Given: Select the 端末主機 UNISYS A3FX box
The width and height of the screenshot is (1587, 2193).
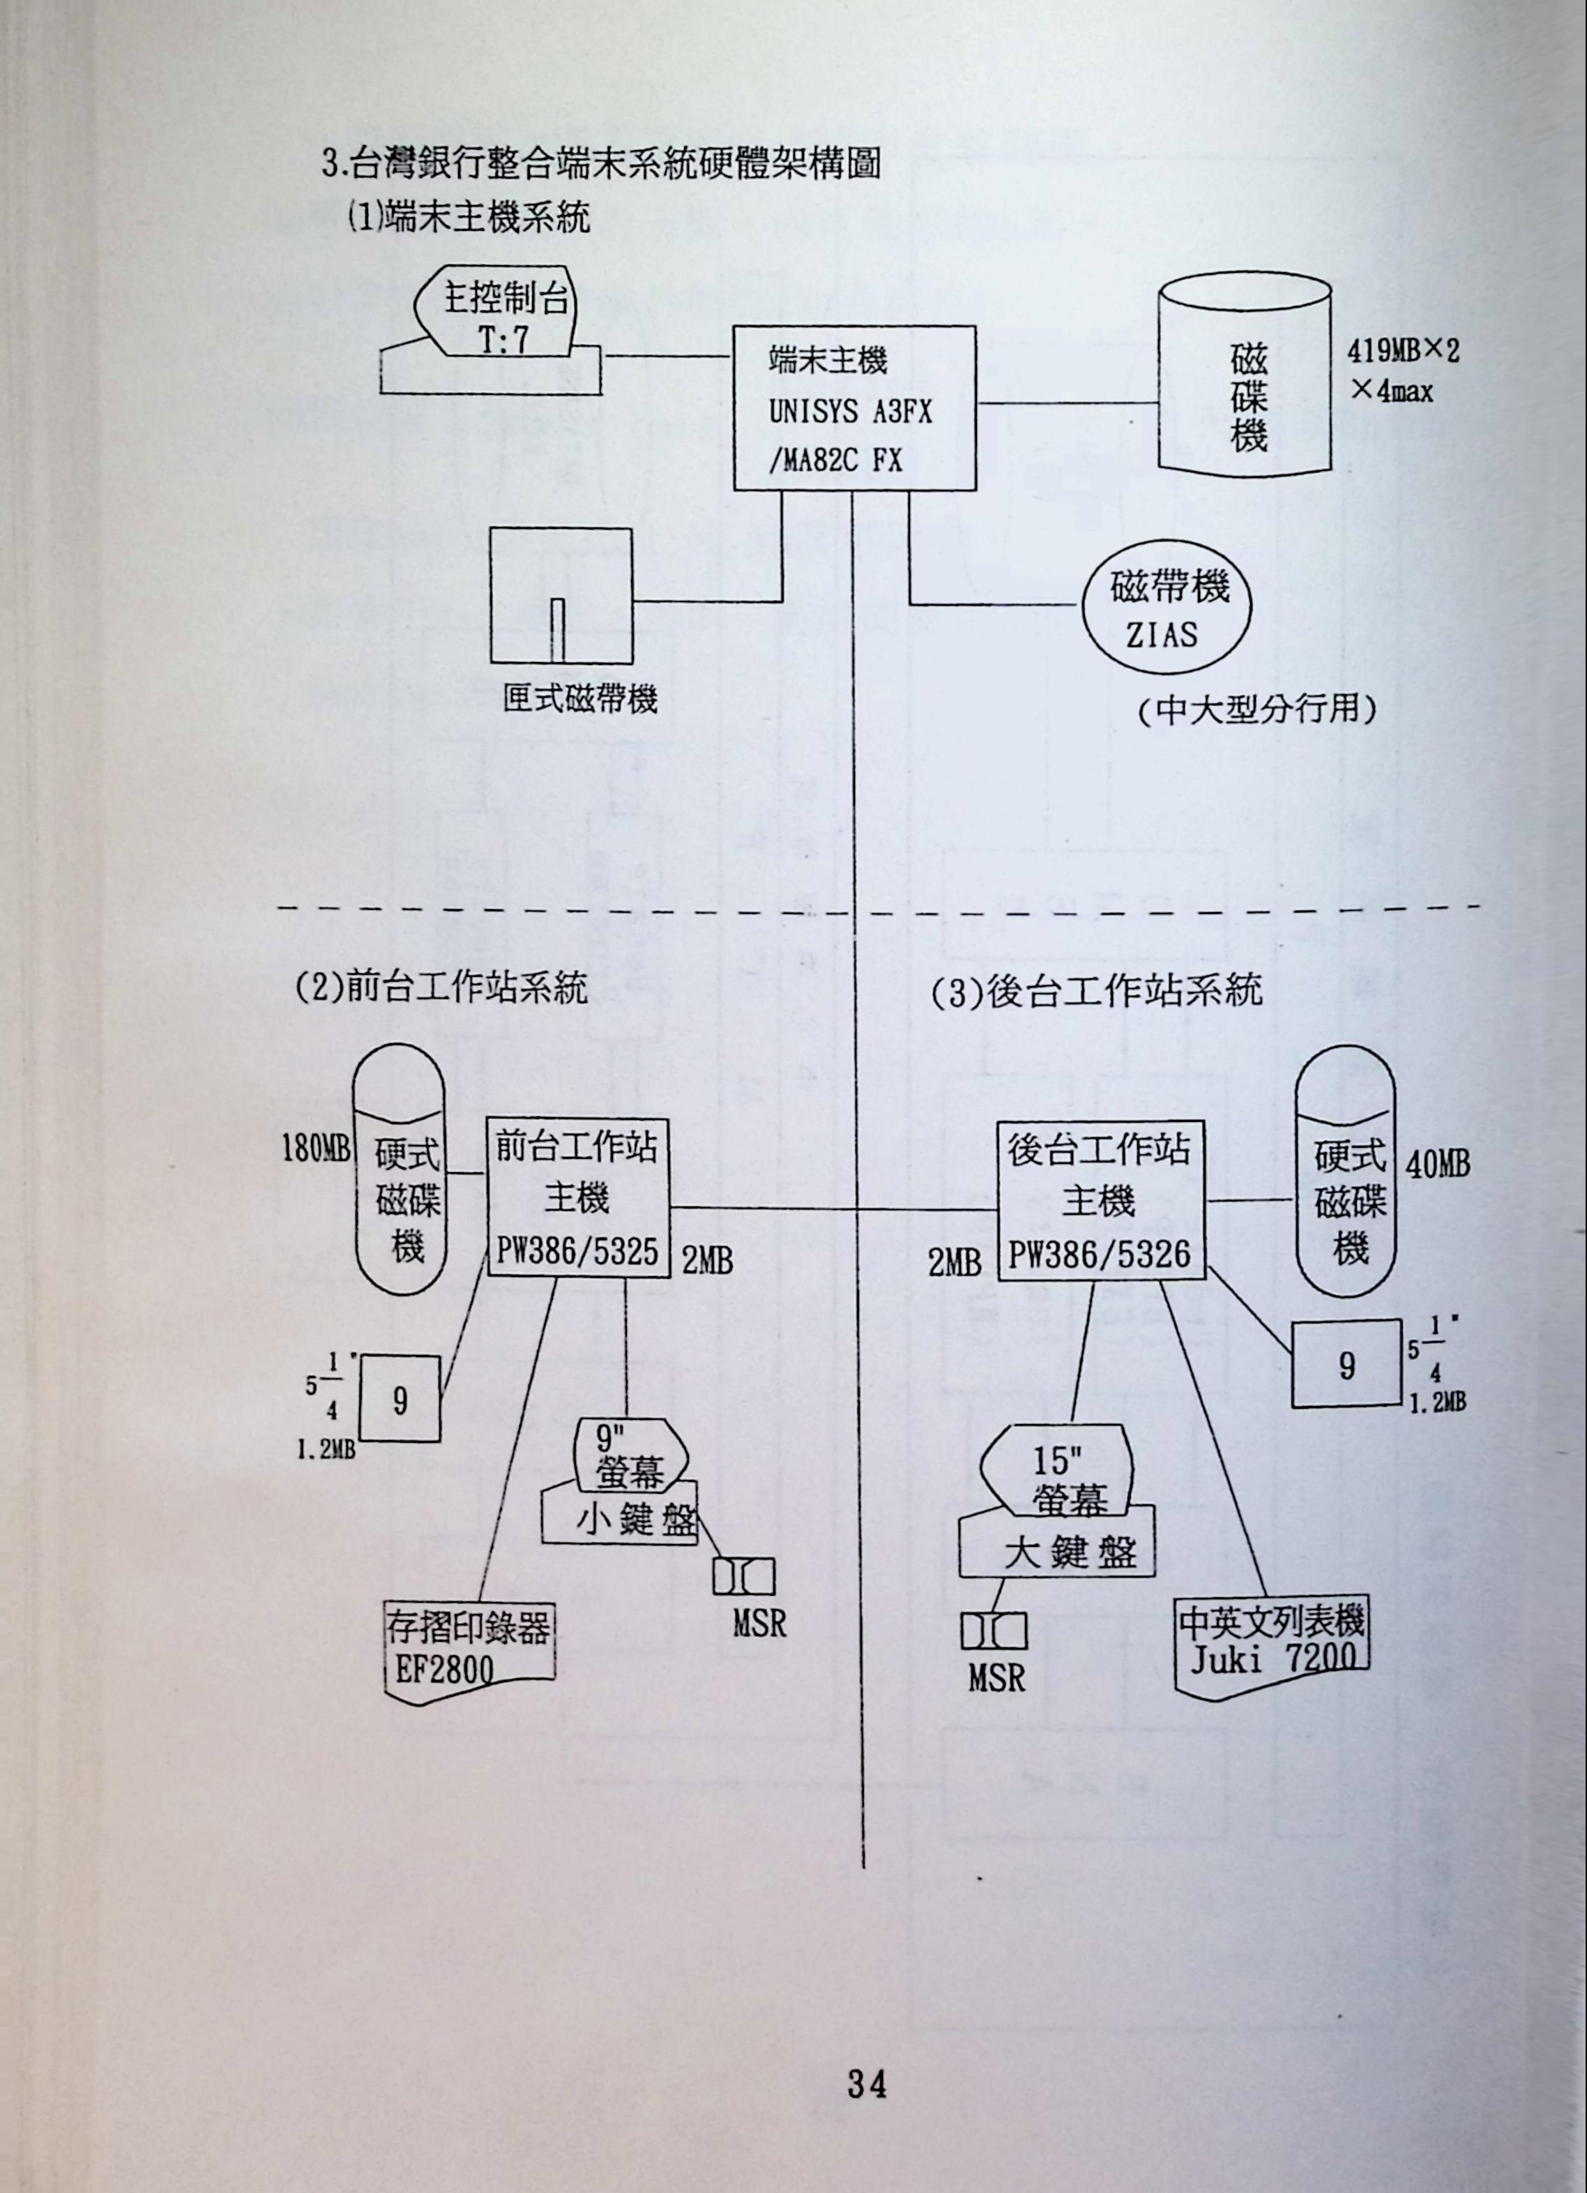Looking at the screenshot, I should click(853, 409).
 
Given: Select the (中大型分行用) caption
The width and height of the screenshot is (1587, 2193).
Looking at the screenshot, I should click(1256, 711).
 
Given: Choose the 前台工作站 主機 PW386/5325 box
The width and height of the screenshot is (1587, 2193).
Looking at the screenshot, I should click(577, 1198).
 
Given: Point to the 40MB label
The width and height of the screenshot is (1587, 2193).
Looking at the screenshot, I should click(1437, 1165).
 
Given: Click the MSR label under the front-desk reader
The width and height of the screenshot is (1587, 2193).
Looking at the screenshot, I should click(759, 1624).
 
